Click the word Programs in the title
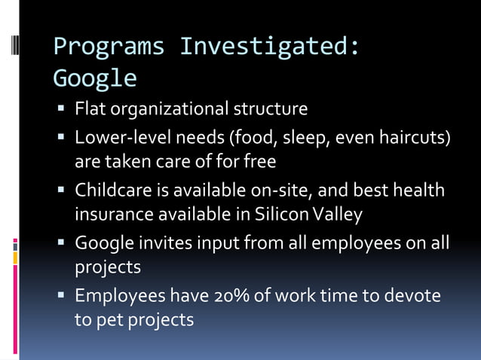[109, 47]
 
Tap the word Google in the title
[95, 78]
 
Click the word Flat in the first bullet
[90, 109]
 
